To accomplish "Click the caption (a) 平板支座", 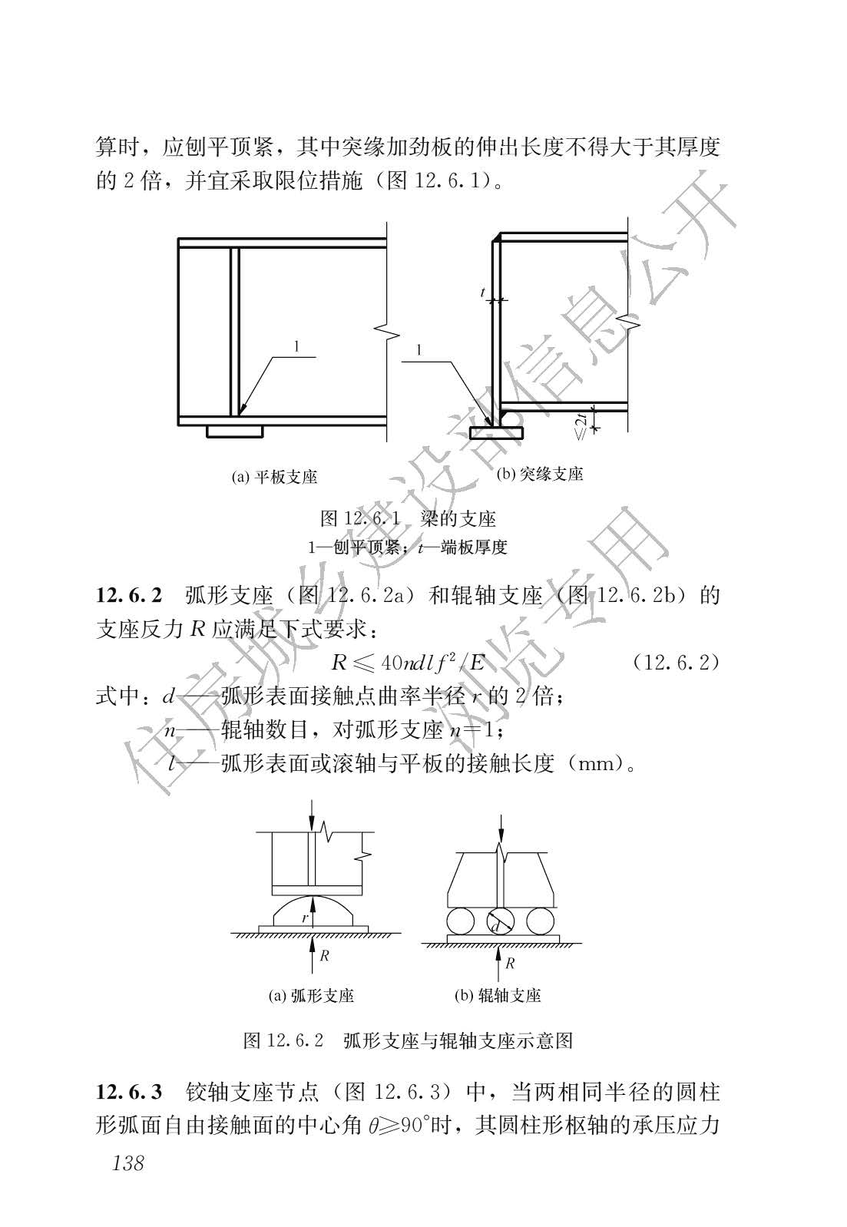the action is (x=274, y=477).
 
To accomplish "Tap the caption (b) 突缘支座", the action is (x=540, y=474).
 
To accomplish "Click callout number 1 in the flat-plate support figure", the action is (x=296, y=346).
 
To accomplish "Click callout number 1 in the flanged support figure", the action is (x=419, y=349).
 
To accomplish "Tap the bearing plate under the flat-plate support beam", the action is (x=234, y=432).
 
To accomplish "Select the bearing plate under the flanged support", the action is (x=496, y=433).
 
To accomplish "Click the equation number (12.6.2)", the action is (x=676, y=663).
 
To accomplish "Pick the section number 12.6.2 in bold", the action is (x=129, y=595).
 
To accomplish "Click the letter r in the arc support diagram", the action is (x=305, y=917).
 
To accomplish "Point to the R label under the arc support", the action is (x=324, y=955).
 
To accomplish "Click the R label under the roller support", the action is (x=510, y=963).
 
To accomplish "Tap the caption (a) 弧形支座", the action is (x=311, y=995).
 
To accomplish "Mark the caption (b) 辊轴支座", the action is (x=498, y=995).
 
